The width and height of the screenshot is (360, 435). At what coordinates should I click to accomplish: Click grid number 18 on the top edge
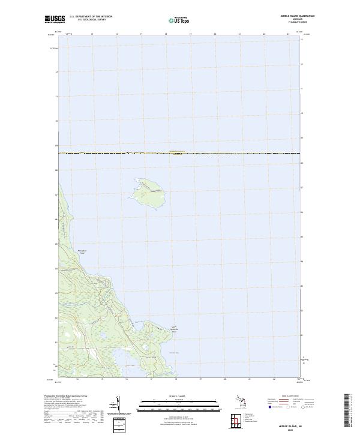[166, 34]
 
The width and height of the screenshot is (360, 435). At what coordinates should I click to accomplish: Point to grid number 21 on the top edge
[239, 34]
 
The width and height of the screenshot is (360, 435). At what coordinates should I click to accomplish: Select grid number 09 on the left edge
[56, 145]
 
